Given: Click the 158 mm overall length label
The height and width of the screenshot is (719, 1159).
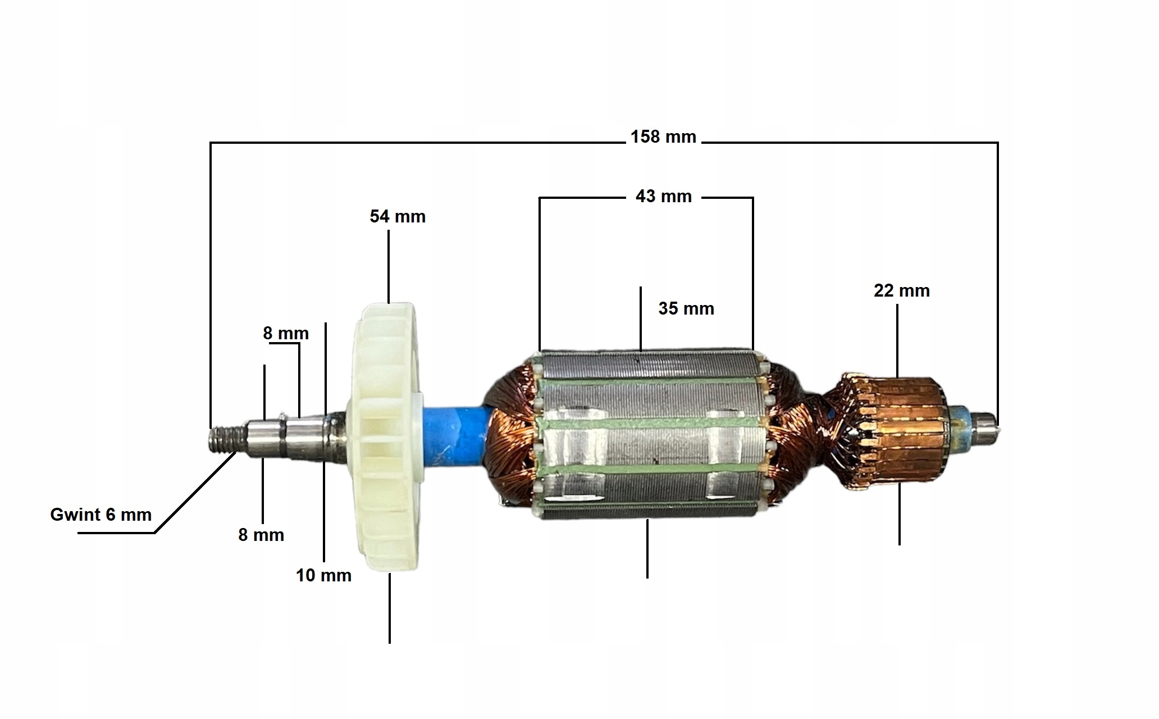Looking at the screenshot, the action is [x=663, y=137].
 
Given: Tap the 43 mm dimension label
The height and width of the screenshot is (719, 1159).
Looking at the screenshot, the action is [x=663, y=197].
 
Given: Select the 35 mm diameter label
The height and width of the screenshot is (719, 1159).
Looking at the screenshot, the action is [x=686, y=308].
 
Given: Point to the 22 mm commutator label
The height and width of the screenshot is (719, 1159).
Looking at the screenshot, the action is [x=901, y=291].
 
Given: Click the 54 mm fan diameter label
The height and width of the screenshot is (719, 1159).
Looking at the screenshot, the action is [x=398, y=217].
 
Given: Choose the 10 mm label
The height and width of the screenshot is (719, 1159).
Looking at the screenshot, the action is [x=323, y=576].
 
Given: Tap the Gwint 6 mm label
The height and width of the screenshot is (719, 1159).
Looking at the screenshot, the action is [x=101, y=515].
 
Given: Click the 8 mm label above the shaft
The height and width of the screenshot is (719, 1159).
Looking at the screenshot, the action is [x=286, y=334].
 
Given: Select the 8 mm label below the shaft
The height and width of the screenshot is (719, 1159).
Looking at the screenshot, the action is [x=261, y=535].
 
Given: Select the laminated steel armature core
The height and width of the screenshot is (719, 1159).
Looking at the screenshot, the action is [x=646, y=433].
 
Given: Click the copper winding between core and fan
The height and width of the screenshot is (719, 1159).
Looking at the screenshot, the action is [x=508, y=438].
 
